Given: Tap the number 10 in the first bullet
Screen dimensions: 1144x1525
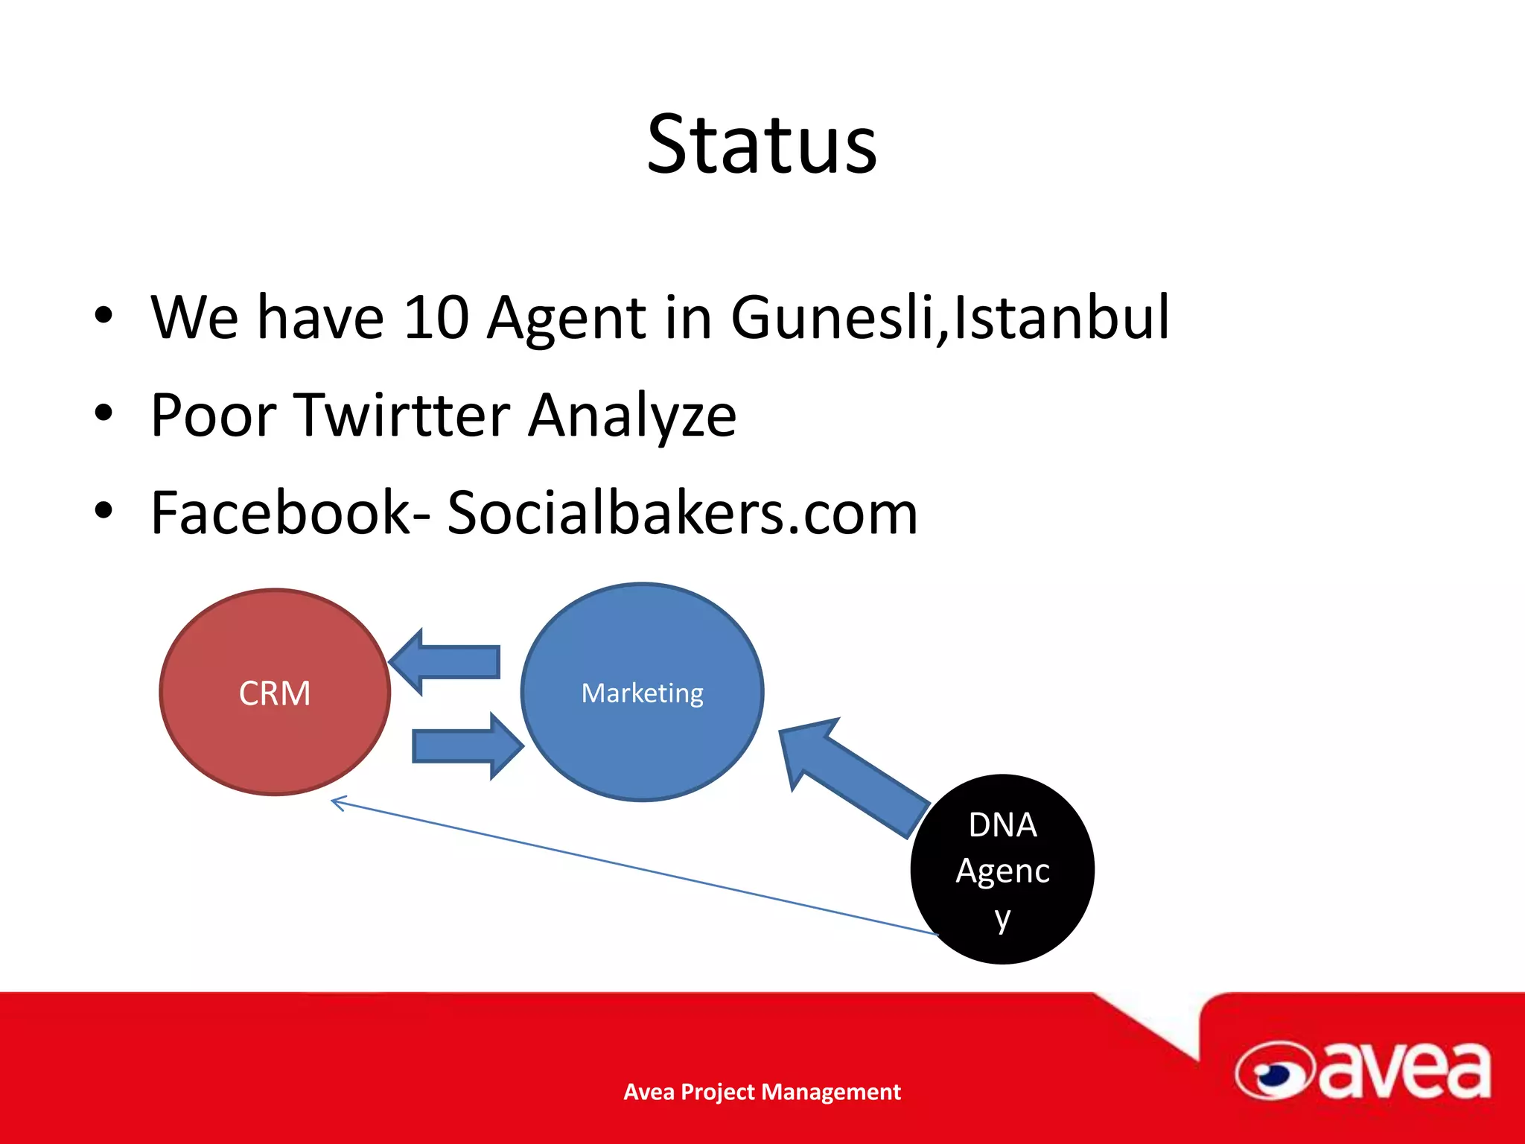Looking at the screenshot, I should [436, 318].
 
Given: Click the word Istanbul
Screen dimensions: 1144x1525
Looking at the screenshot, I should [1061, 318].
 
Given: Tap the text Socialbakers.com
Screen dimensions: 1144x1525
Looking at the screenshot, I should [682, 513].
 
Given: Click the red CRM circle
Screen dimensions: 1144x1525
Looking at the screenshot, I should [275, 693].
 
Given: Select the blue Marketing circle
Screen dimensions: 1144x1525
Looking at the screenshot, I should [642, 693].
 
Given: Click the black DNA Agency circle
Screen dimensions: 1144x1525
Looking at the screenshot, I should [1002, 869].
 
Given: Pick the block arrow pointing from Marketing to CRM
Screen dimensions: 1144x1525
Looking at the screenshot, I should [447, 661].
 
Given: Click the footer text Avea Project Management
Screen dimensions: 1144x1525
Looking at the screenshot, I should [762, 1092].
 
